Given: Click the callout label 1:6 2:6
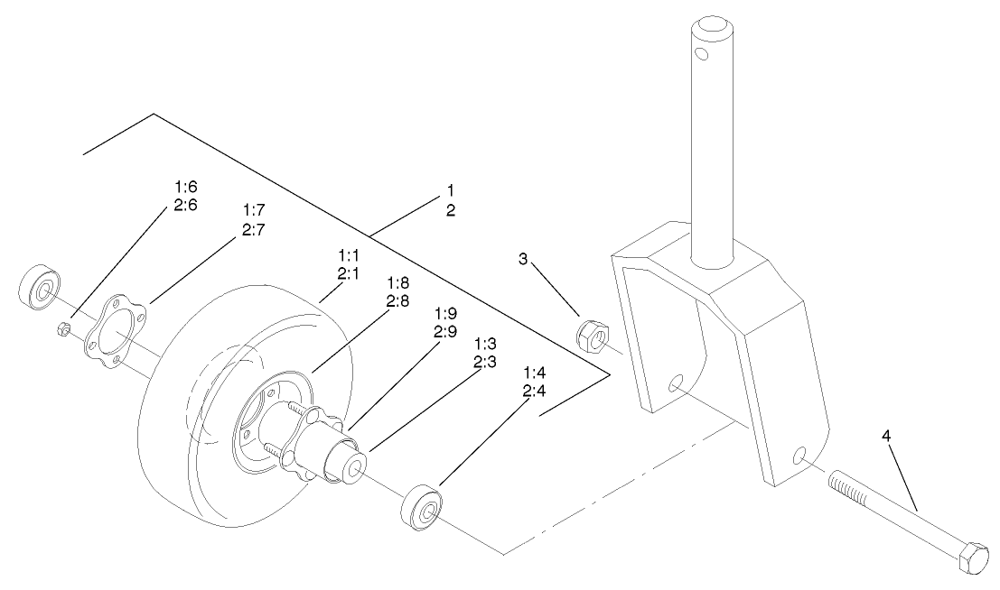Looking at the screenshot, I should point(184,196).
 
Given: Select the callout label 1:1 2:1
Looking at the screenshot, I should point(348,264).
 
